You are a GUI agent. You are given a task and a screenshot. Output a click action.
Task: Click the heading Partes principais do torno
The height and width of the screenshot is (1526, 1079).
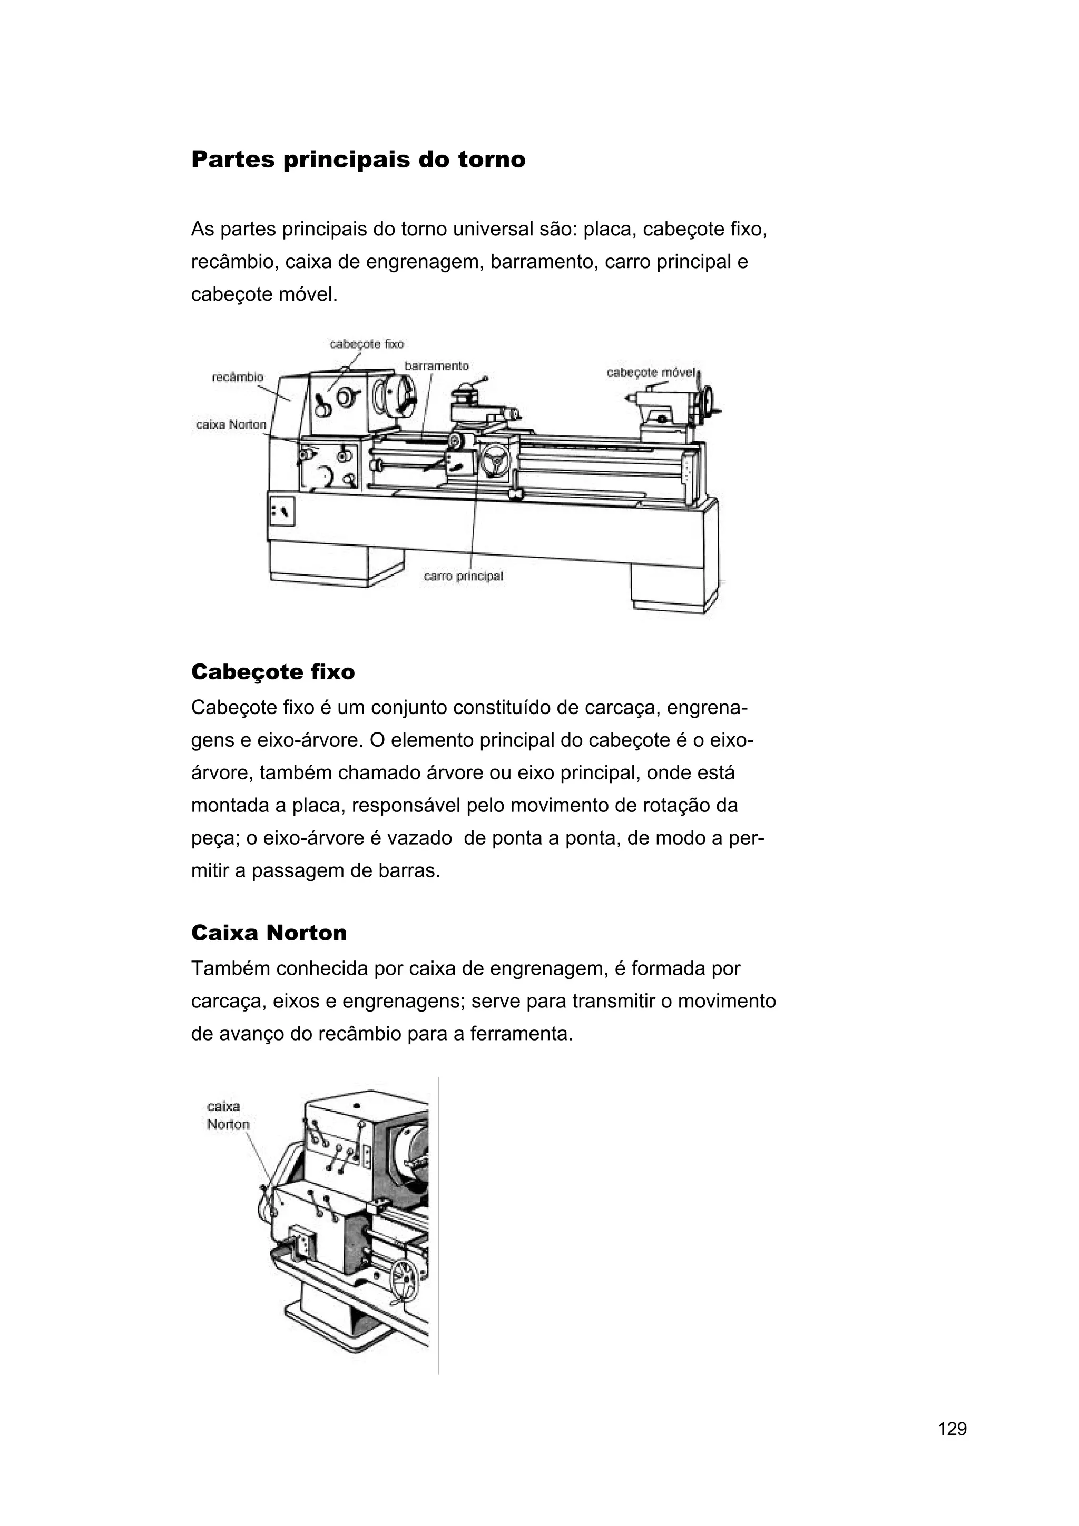(x=358, y=160)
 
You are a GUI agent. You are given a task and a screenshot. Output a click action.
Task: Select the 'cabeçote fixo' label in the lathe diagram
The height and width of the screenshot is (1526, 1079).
(x=366, y=344)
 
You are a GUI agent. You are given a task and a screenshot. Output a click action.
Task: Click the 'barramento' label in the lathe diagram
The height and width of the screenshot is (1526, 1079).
(x=436, y=366)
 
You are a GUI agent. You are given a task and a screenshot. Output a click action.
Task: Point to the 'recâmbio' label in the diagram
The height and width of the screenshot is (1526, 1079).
(x=237, y=378)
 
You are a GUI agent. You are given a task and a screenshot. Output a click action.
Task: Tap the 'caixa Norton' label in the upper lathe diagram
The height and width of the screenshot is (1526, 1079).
(x=231, y=425)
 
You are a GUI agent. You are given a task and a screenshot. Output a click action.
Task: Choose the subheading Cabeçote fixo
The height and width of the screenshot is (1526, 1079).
(x=272, y=672)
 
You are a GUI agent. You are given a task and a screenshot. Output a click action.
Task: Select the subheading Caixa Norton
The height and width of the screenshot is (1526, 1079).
(x=269, y=933)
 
